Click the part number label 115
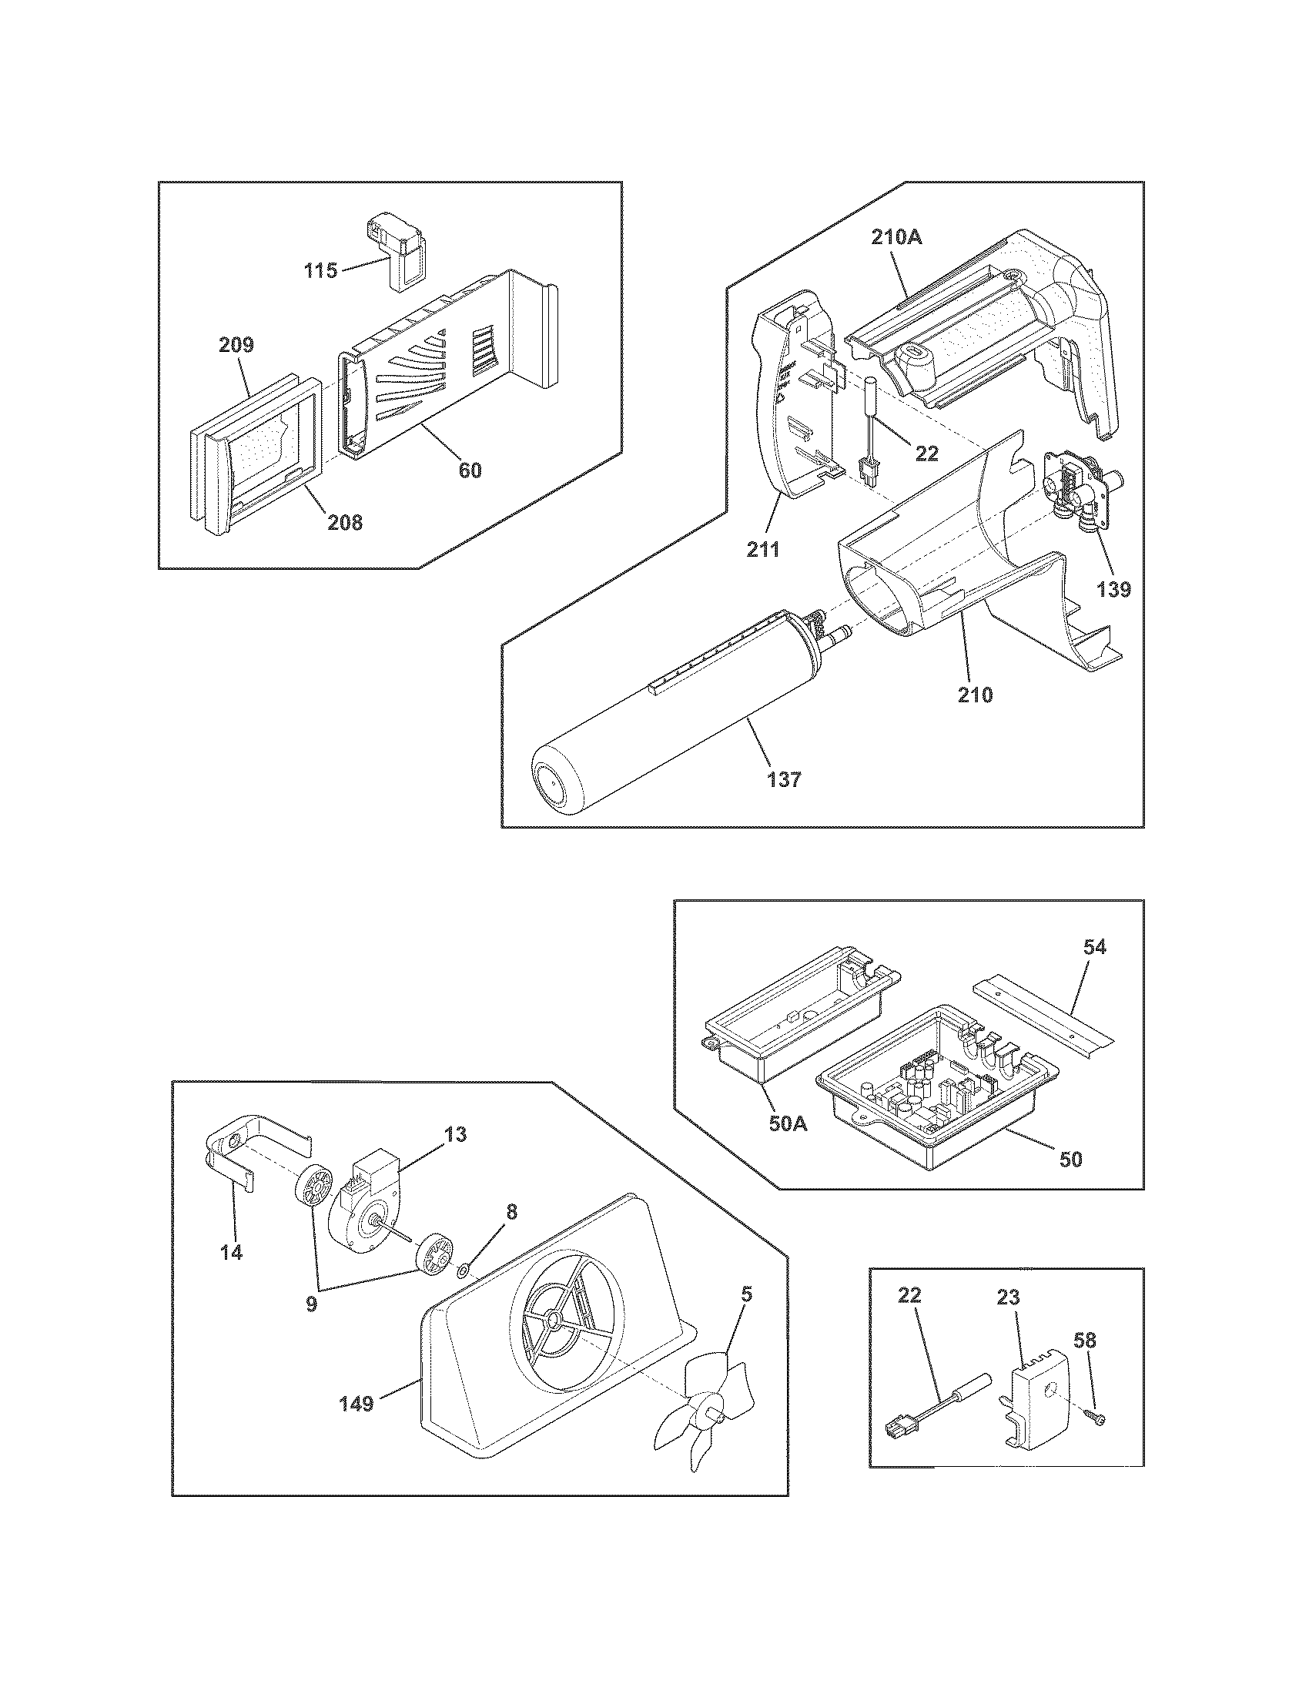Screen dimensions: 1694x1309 (320, 271)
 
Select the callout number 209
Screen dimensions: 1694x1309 (236, 344)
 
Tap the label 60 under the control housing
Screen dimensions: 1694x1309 (470, 470)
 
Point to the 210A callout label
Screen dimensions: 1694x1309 (896, 237)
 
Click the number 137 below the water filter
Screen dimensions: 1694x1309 (784, 779)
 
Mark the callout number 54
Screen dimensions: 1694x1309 (1095, 946)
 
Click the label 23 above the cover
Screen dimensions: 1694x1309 (1008, 1297)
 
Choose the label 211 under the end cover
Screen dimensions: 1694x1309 (762, 550)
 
